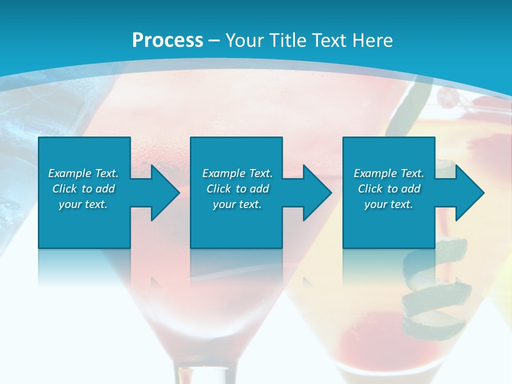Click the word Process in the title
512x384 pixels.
(167, 40)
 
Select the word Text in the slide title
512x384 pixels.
(330, 40)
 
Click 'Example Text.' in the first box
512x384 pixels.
(83, 173)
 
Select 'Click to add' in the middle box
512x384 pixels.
(238, 189)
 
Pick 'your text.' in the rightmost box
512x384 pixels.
(389, 204)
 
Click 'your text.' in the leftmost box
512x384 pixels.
(83, 204)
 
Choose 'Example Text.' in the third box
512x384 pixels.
(389, 173)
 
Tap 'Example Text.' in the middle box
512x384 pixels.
(238, 173)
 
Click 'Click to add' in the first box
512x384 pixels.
(83, 189)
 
